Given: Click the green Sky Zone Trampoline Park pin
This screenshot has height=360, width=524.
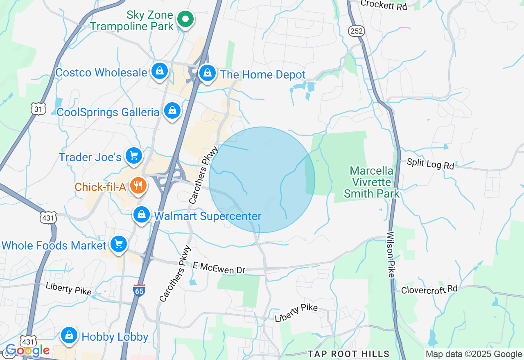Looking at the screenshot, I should (185, 19).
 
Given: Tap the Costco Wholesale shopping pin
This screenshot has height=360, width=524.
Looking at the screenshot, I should (160, 71).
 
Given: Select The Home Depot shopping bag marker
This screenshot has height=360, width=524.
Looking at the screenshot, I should (208, 73).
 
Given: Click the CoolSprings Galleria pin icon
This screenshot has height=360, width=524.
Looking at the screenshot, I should (172, 111).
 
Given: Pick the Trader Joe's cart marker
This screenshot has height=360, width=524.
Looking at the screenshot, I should (133, 156).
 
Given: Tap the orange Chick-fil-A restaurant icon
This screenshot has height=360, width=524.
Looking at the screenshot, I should (138, 186).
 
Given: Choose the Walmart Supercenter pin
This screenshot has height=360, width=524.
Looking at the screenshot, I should (142, 214).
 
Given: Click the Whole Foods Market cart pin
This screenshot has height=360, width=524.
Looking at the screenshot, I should (119, 244).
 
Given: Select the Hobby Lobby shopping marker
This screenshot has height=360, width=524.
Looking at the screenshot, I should (69, 335).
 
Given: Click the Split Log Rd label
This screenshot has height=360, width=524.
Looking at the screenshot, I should (430, 164).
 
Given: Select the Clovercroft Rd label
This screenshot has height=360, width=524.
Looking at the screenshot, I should (429, 289).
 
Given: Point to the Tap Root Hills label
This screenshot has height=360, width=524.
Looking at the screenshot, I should (349, 354).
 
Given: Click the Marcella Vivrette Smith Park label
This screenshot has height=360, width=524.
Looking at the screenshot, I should (372, 182).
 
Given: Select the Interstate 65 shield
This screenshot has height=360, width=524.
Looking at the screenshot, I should (139, 289).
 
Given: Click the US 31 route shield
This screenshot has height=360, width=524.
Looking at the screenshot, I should (38, 108).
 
